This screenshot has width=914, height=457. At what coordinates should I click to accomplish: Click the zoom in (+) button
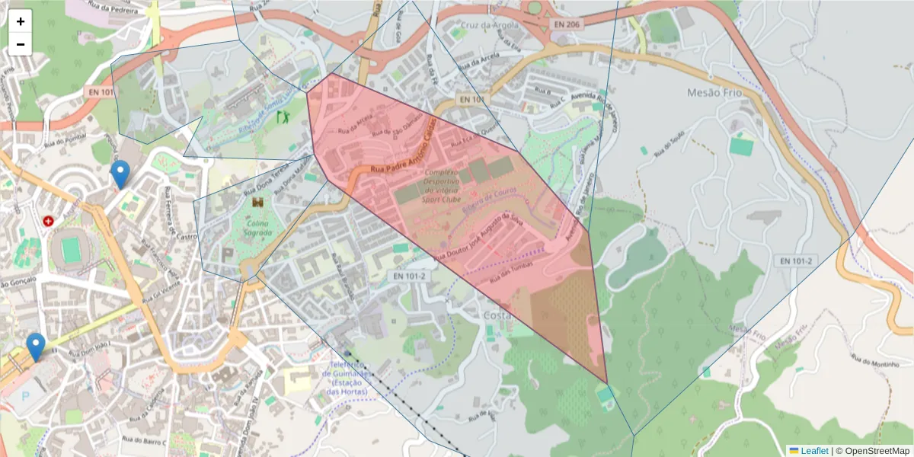point(21,21)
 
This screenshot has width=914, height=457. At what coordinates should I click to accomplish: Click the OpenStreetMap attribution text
point(872,450)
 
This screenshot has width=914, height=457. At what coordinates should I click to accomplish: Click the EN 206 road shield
point(566,25)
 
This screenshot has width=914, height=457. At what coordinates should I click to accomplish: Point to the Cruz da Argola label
point(489,24)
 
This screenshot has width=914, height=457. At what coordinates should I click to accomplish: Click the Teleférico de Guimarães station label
point(347,378)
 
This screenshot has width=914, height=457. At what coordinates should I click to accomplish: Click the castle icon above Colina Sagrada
point(257,203)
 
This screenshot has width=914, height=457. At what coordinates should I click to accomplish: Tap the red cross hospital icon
point(49,221)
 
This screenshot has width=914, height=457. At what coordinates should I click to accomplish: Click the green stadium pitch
point(71,249)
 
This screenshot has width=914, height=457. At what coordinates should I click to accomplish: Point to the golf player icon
point(283,117)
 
